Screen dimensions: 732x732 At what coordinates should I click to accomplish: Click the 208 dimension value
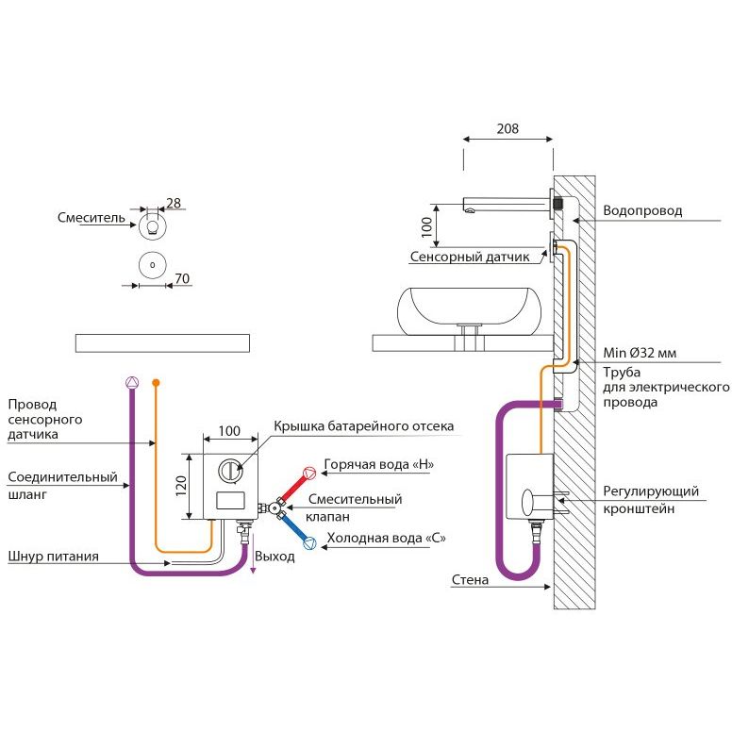coord(508,130)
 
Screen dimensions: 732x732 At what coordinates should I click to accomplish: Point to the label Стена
coord(470,580)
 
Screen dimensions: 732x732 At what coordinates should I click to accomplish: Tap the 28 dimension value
coord(174,203)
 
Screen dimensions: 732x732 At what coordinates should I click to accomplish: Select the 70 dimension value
coord(183,278)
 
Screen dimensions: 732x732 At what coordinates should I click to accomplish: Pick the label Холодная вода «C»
coord(386,539)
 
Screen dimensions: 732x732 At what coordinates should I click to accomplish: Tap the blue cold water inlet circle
coord(309,542)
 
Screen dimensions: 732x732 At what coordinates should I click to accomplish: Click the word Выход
coord(274,557)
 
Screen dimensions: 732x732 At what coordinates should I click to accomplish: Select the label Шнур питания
coord(53,557)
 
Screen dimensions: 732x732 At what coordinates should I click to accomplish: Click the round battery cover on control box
coord(231,470)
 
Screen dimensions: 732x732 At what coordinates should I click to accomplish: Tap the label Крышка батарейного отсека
coord(363,426)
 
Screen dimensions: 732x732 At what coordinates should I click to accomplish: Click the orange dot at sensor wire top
coord(157,382)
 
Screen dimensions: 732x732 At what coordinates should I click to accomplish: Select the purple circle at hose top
coord(131,382)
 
